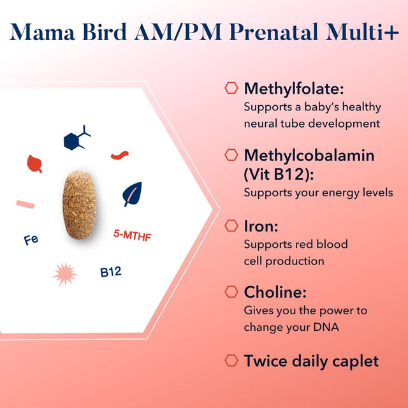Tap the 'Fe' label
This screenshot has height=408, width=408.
point(30,240)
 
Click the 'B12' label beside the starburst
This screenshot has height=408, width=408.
point(110,272)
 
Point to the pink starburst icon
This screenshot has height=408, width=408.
point(64,273)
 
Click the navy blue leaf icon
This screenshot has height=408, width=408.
point(133,194)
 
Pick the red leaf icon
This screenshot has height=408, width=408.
point(34,163)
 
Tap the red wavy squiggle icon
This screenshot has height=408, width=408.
point(120,155)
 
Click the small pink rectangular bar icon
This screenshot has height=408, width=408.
point(25,204)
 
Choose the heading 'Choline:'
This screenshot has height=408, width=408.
point(275,293)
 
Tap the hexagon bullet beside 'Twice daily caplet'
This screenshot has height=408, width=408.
point(231,361)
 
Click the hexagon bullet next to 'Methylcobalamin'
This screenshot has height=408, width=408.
point(231,156)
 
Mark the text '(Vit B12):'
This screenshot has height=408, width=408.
point(279,173)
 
